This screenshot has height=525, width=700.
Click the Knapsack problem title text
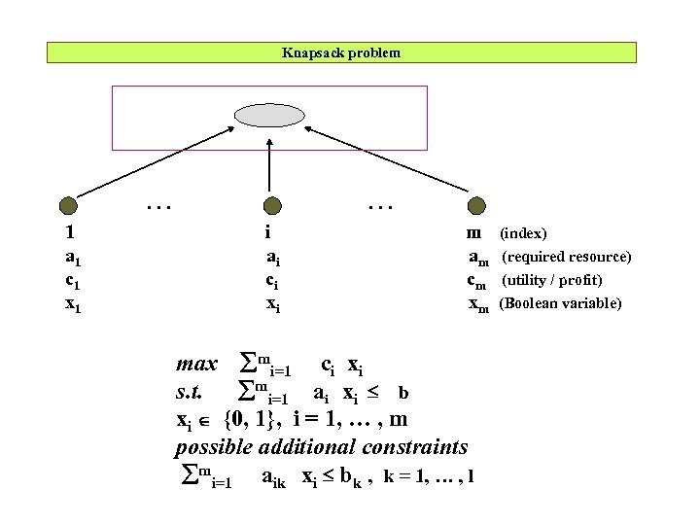click(x=340, y=52)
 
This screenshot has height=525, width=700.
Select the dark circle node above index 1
click(x=68, y=205)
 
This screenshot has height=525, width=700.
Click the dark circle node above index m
click(x=475, y=205)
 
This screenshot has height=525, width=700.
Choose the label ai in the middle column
click(x=274, y=258)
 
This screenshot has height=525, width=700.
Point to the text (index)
click(x=523, y=234)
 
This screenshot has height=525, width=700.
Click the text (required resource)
click(x=567, y=258)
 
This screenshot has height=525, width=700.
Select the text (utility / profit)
click(x=551, y=281)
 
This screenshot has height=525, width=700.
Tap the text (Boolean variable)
click(x=560, y=304)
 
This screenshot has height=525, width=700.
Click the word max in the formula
click(x=196, y=366)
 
